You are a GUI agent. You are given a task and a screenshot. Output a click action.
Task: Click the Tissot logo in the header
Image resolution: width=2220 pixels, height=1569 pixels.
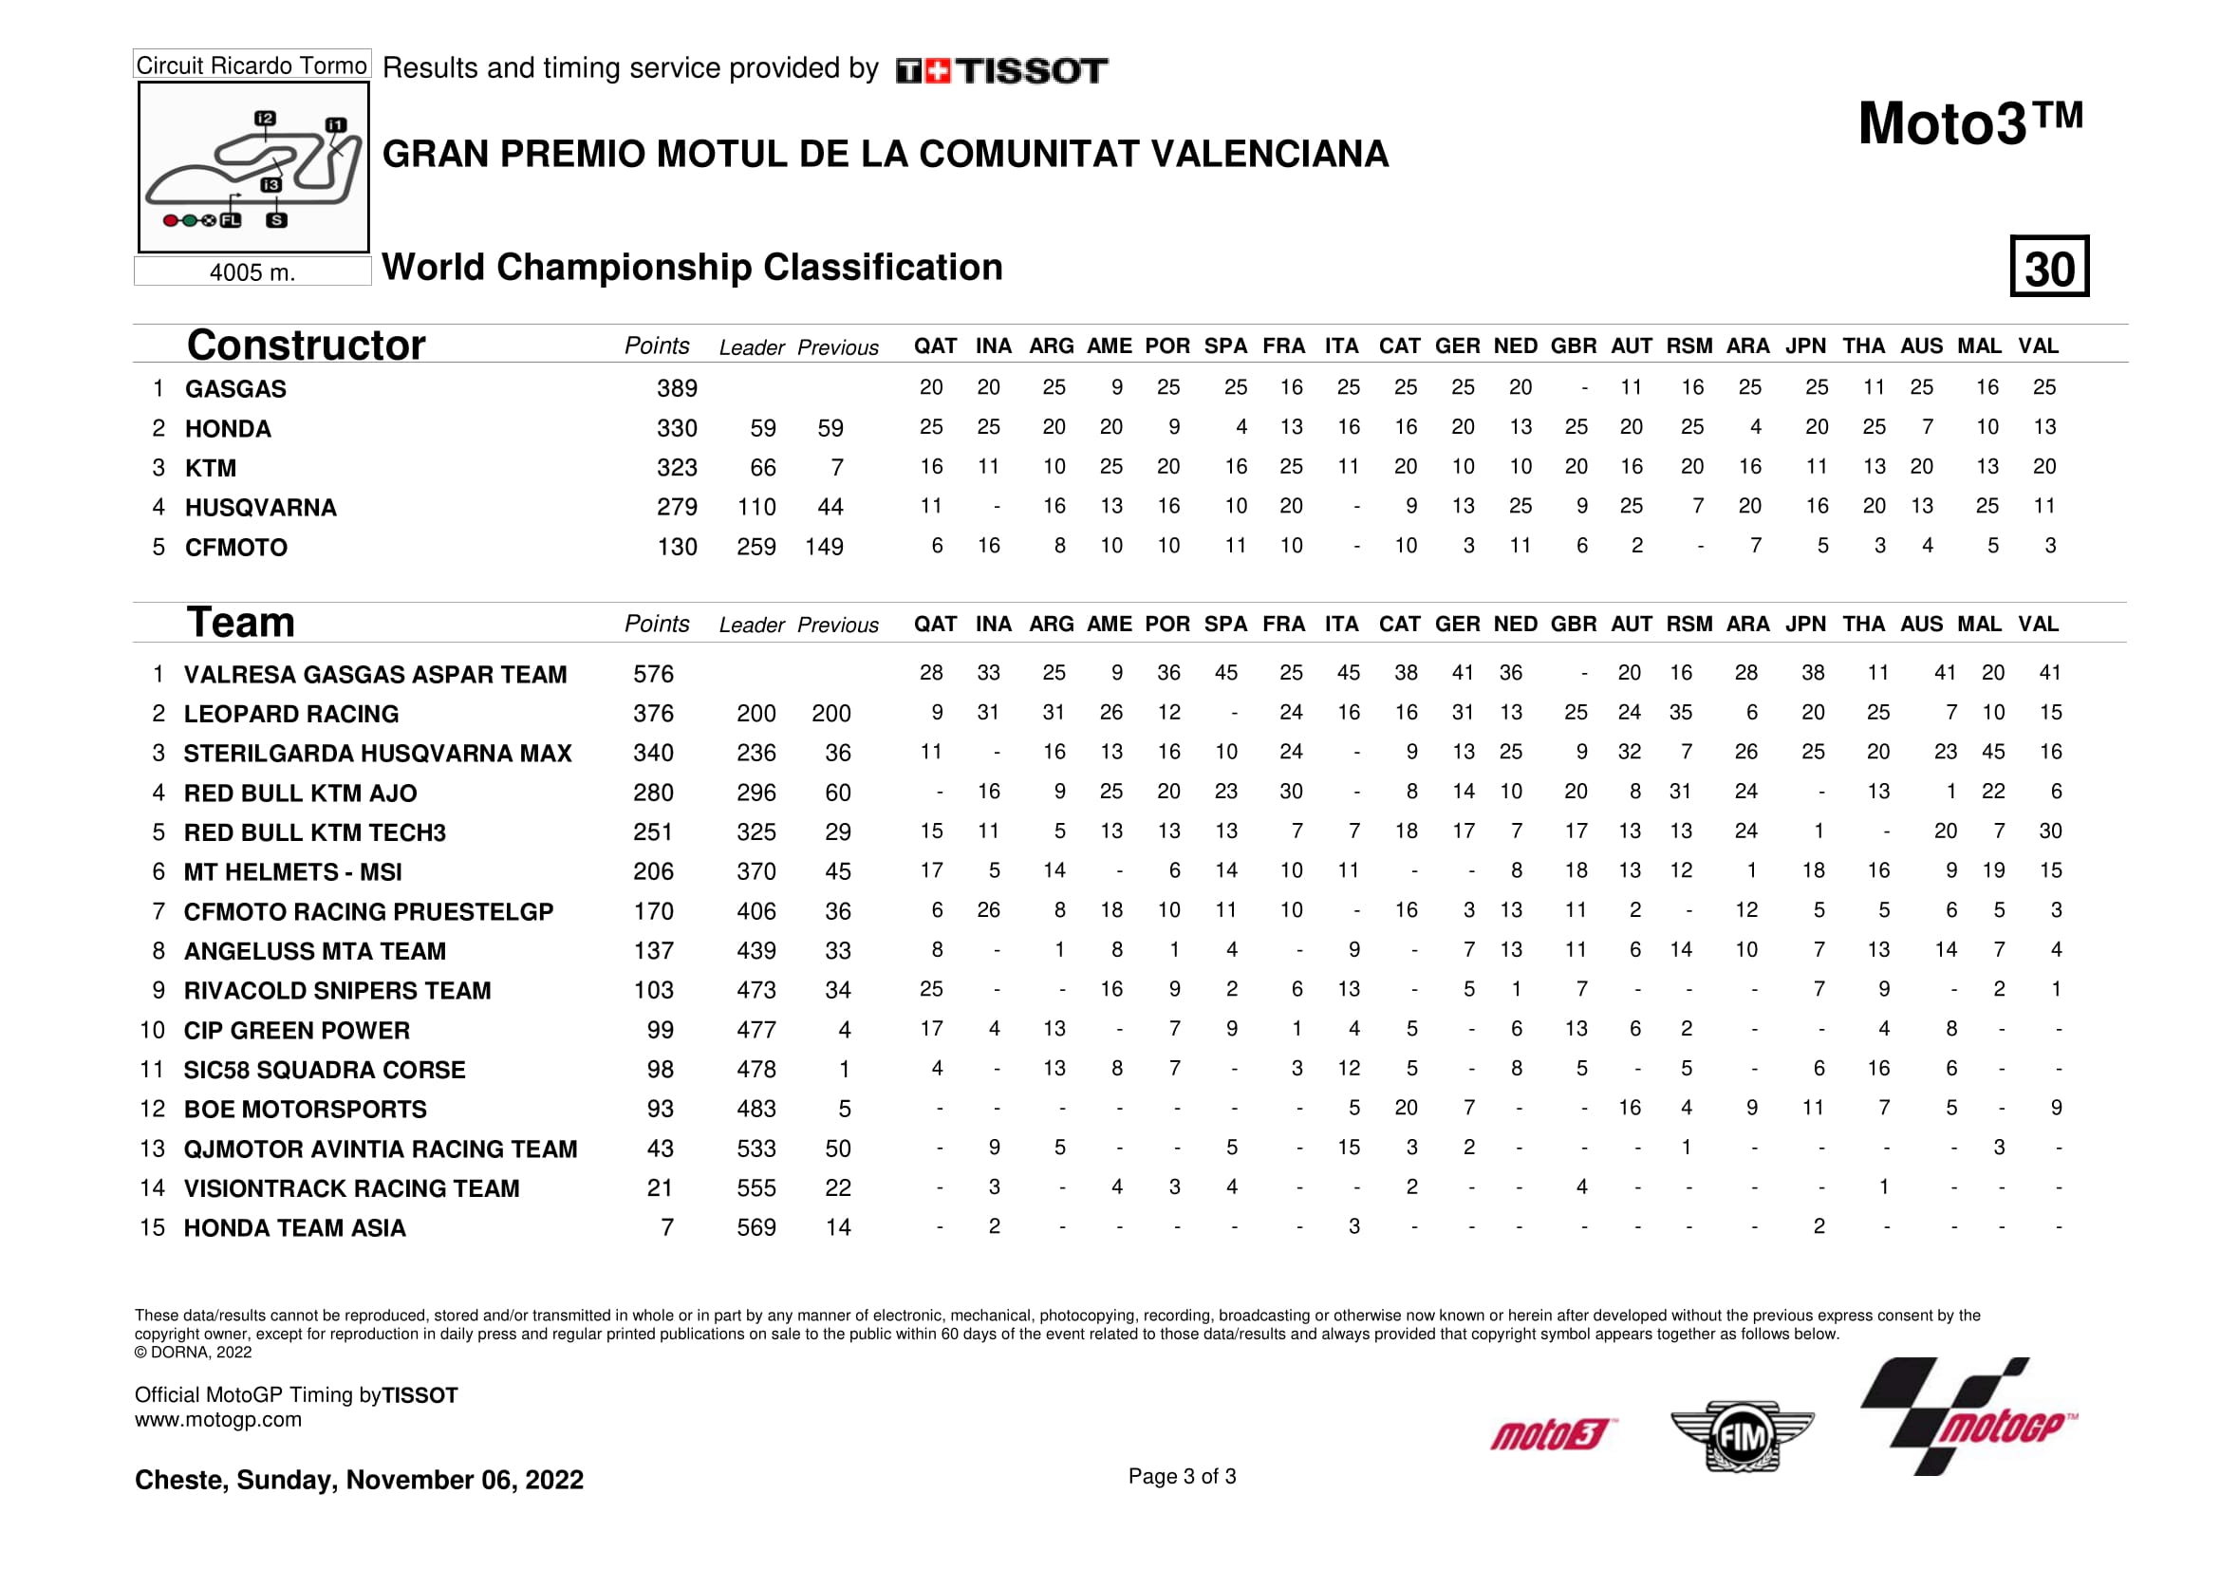1001,70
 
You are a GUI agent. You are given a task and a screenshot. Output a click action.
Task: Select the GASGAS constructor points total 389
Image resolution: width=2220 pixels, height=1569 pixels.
677,388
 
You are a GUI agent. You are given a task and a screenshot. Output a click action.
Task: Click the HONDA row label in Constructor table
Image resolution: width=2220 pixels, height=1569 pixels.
228,429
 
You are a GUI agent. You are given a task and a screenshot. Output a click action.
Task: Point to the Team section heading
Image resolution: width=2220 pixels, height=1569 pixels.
241,623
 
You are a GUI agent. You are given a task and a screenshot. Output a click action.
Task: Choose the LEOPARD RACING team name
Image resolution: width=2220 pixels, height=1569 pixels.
291,715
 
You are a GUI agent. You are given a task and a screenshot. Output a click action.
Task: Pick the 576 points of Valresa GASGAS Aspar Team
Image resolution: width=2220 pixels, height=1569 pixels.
654,674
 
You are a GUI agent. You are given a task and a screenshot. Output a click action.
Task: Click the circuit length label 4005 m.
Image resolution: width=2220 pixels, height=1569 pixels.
252,272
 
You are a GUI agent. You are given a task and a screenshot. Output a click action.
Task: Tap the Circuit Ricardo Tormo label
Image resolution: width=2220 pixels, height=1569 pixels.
252,65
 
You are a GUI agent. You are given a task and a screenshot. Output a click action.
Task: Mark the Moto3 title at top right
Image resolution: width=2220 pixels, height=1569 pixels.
1969,123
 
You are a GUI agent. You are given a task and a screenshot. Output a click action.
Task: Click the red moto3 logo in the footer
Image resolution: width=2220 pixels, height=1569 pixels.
1553,1434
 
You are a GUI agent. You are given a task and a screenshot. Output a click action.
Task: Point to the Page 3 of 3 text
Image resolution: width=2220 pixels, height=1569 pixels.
1182,1476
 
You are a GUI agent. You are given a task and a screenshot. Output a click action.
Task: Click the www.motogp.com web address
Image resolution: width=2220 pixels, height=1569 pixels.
217,1420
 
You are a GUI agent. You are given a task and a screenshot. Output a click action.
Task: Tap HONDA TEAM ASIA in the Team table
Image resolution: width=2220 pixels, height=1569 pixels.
295,1227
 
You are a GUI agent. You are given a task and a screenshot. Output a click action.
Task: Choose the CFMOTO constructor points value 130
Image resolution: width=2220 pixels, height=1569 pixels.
677,547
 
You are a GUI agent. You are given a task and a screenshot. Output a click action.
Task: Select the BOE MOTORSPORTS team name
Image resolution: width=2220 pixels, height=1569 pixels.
305,1110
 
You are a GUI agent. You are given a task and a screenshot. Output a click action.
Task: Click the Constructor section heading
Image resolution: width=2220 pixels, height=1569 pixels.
306,346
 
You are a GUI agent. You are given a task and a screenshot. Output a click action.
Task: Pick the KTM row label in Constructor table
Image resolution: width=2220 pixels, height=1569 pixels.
211,469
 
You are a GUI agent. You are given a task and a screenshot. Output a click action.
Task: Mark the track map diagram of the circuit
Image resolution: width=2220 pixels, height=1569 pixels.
253,167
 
